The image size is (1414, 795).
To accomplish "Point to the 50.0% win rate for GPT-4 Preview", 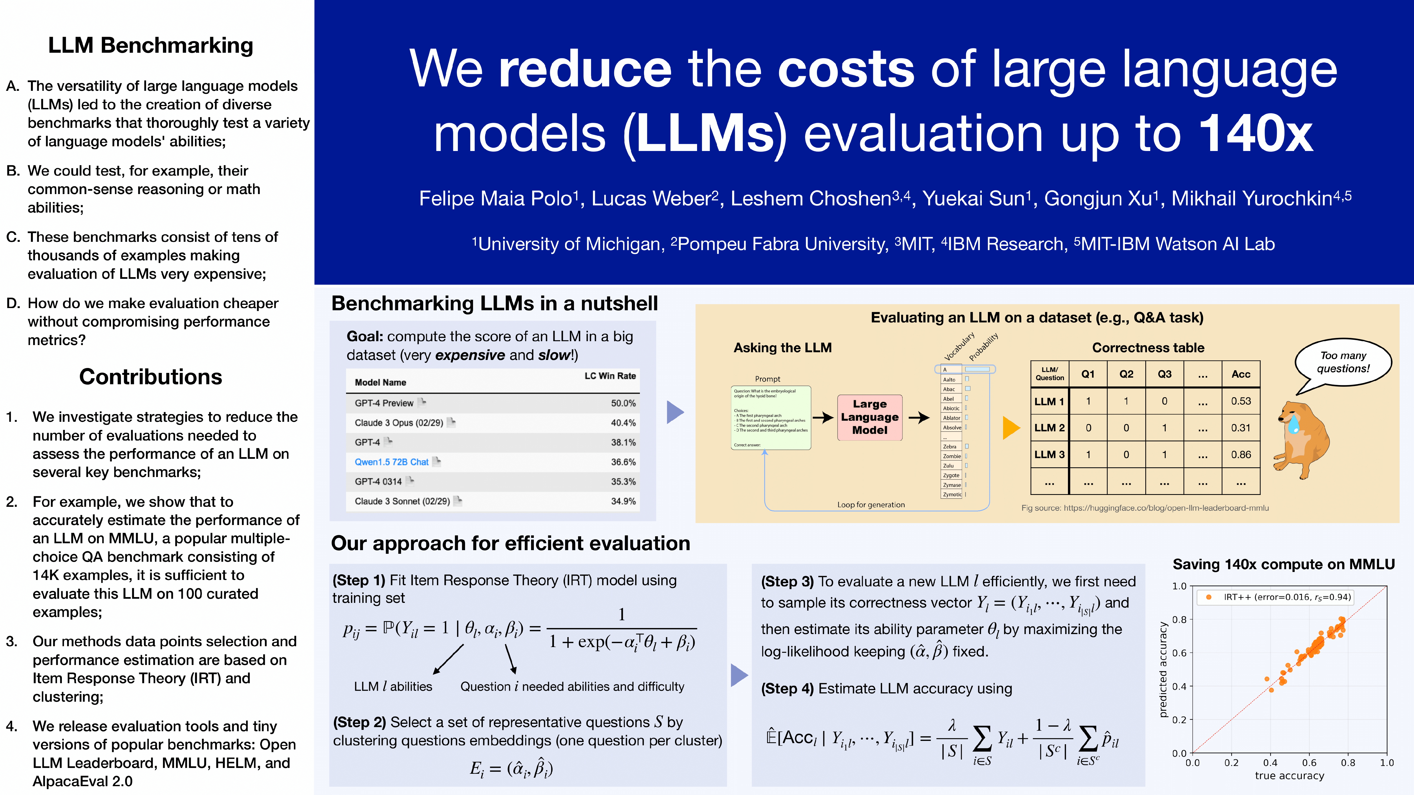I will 623,403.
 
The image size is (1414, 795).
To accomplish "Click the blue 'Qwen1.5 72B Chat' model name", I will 391,462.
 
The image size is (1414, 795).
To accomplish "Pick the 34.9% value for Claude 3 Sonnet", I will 623,502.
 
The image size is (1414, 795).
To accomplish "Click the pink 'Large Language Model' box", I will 869,417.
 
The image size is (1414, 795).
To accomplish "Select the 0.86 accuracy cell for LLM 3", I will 1241,455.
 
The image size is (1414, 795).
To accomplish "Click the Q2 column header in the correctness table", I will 1127,374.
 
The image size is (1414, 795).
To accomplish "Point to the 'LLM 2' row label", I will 1049,428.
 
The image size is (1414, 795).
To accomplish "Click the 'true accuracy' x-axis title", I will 1289,776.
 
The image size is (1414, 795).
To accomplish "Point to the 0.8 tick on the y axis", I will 1180,619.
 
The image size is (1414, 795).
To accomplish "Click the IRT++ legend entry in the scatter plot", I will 1279,597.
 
